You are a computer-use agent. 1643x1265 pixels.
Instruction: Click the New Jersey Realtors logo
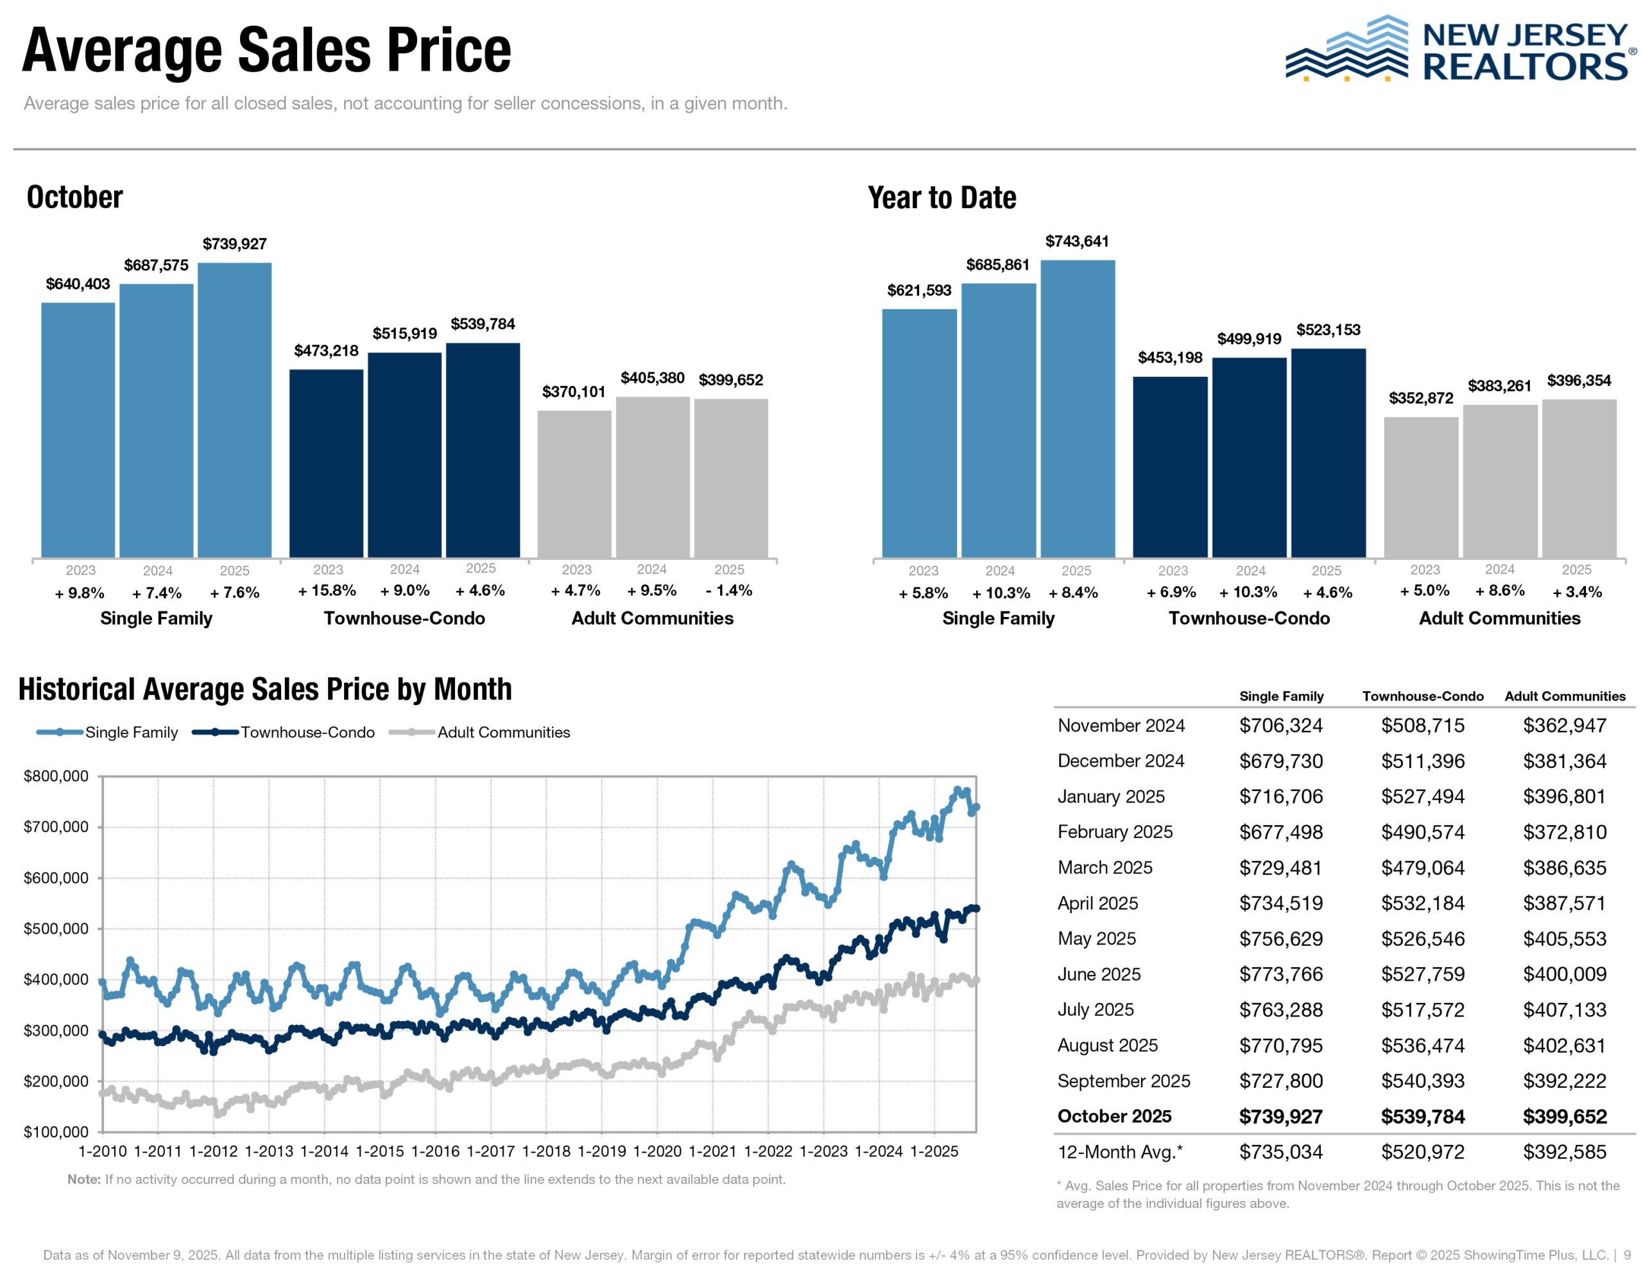click(x=1458, y=49)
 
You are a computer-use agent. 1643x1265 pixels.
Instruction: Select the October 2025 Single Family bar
click(x=234, y=410)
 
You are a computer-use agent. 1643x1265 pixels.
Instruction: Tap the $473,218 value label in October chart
click(x=326, y=351)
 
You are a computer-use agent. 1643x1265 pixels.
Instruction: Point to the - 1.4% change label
click(x=728, y=591)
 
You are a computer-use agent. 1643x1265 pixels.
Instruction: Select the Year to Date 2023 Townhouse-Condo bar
click(x=1170, y=467)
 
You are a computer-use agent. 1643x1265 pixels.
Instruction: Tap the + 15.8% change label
click(x=327, y=591)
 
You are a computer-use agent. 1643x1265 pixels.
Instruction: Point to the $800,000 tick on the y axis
click(x=56, y=776)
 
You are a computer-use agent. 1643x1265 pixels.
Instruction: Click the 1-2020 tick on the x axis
click(x=657, y=1151)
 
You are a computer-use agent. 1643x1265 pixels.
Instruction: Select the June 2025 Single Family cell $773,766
click(x=1280, y=975)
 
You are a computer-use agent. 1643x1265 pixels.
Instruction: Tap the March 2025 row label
click(x=1105, y=868)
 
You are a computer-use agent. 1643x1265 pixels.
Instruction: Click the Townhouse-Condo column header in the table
click(x=1423, y=696)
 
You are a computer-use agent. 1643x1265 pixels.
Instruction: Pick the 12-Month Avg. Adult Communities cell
click(x=1564, y=1152)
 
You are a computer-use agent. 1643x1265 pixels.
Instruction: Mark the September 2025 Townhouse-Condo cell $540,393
click(x=1423, y=1081)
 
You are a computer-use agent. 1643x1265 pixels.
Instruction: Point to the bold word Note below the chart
click(x=83, y=1179)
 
